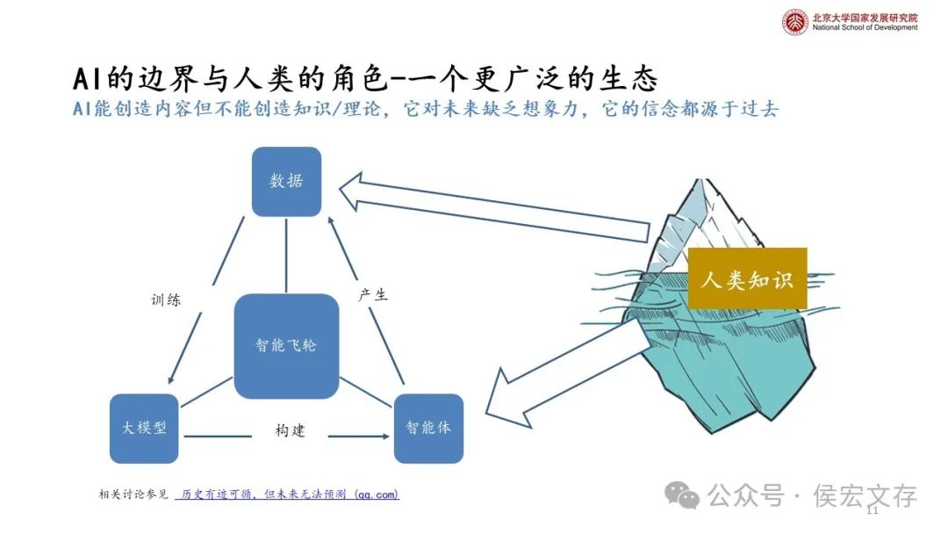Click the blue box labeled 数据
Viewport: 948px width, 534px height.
[286, 182]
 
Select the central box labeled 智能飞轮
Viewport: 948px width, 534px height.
[286, 346]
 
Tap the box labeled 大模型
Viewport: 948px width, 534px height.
[145, 429]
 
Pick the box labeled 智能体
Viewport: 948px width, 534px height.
[428, 429]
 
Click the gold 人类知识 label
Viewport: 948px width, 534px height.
[747, 279]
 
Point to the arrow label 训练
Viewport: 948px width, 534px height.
[166, 299]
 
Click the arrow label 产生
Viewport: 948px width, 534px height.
[373, 295]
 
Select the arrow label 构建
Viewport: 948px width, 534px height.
[290, 431]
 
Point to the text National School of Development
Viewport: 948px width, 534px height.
[865, 27]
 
